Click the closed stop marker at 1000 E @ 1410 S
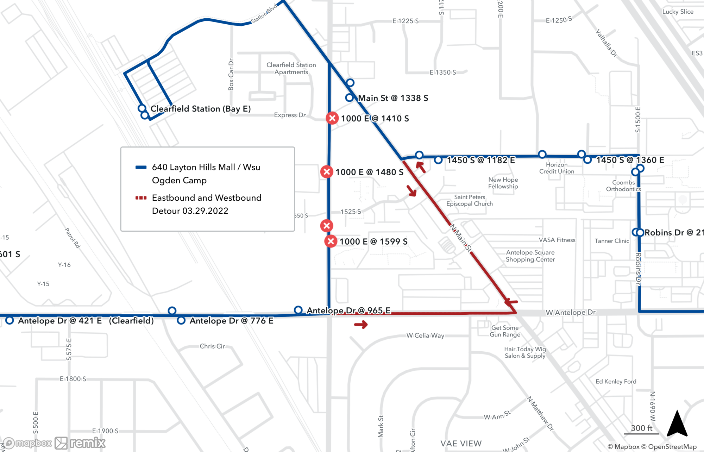[x=332, y=118]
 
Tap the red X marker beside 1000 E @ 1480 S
[x=327, y=172]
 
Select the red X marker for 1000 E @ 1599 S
[x=331, y=241]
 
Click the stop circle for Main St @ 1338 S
[x=349, y=98]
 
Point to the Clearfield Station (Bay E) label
[x=201, y=109]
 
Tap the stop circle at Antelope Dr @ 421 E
[x=10, y=320]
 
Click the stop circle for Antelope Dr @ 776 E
[x=181, y=320]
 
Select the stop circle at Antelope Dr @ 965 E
[x=298, y=310]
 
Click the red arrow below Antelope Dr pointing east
[x=361, y=324]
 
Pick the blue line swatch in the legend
[x=141, y=167]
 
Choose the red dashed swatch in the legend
[x=141, y=198]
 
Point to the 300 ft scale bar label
[x=641, y=428]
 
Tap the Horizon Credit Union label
[x=557, y=168]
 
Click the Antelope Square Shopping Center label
[x=530, y=256]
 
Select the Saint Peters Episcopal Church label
[x=470, y=200]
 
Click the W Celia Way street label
[x=425, y=335]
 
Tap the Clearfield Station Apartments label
[x=291, y=68]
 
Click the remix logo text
[x=88, y=443]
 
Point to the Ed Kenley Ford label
[x=616, y=382]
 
